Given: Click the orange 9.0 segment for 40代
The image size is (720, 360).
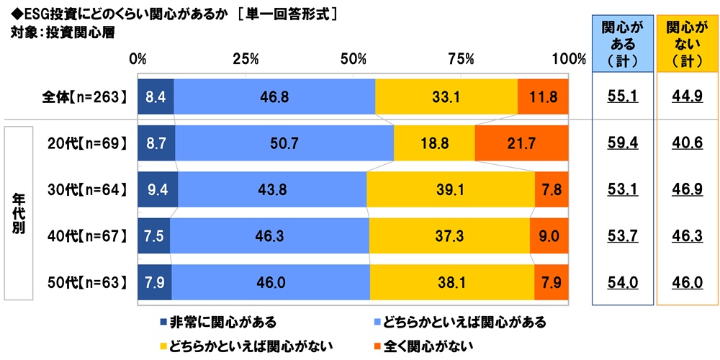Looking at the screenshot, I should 549,235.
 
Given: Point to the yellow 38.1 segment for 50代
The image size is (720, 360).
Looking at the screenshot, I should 452,282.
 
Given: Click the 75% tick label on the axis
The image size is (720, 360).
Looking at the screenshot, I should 461,58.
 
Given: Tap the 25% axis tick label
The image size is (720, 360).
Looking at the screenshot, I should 246,58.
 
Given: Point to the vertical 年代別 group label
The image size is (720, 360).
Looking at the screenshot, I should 18,214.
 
